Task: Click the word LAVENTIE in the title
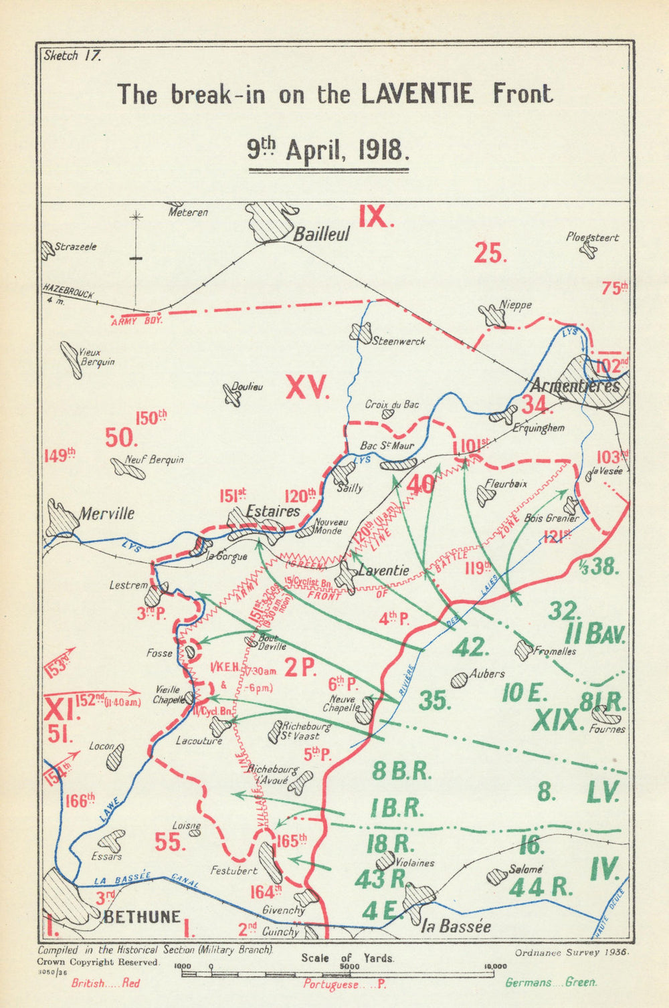coord(417,94)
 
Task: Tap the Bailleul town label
coord(322,235)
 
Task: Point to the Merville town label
coord(106,514)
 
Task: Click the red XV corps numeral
coord(308,388)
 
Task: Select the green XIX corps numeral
coord(555,720)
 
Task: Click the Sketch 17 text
coord(72,56)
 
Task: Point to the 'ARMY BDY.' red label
coord(136,321)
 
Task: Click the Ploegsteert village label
coord(592,237)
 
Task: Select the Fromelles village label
coord(553,651)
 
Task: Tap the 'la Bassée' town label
coord(456,926)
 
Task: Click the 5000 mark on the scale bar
coord(347,967)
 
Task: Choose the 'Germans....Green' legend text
coord(551,983)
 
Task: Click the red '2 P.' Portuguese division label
coord(300,667)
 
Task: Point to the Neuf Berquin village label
coord(155,460)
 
